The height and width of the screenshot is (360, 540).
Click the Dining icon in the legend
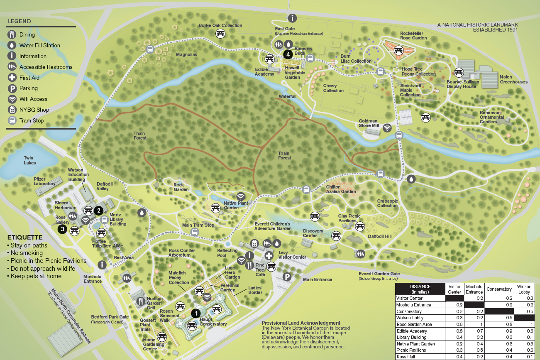[x=12, y=34]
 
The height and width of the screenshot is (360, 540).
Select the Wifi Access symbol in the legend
[x=12, y=99]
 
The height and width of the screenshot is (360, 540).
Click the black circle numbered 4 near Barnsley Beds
[x=288, y=54]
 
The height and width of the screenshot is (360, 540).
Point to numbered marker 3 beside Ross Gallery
[x=63, y=229]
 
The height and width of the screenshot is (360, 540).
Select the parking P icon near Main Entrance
[x=286, y=277]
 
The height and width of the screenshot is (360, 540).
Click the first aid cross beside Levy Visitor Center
[x=269, y=256]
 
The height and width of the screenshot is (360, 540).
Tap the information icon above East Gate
[x=293, y=18]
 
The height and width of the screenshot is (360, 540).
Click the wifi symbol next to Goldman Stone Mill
[x=387, y=127]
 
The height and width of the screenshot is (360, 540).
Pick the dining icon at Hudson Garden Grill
[x=141, y=300]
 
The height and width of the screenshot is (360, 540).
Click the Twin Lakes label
[x=29, y=160]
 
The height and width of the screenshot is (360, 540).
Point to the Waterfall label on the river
[x=288, y=96]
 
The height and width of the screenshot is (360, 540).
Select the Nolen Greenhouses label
[x=513, y=79]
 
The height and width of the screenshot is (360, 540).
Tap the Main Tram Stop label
[x=198, y=225]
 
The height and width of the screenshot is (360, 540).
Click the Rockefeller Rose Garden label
[x=413, y=35]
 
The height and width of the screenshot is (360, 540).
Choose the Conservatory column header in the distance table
[x=499, y=289]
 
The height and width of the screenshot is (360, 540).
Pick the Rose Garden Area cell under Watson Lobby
[x=524, y=324]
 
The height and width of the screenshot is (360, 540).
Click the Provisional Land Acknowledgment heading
[x=301, y=323]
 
